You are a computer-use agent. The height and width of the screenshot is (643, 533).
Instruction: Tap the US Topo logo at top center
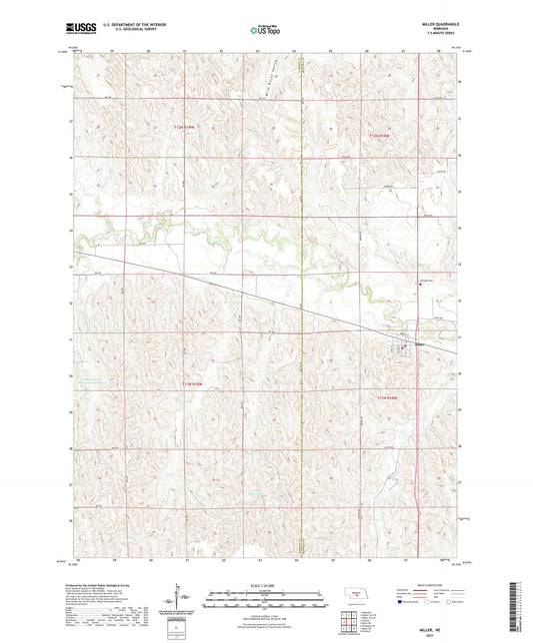tap(265, 31)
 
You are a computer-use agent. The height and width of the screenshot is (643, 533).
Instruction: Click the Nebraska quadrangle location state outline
tap(355, 596)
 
